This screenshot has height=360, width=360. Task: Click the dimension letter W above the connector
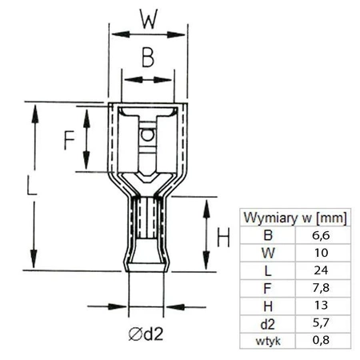coord(147,18)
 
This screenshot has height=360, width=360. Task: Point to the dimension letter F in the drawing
coord(70,139)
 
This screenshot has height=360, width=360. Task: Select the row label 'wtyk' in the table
coord(266,341)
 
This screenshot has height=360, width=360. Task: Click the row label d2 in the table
coord(266,324)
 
